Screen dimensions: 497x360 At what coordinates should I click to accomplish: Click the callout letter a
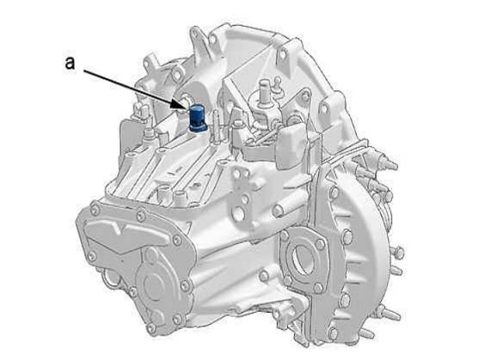(x=70, y=63)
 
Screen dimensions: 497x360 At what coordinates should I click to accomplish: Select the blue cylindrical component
(x=197, y=118)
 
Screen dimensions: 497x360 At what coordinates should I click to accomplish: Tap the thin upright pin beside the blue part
(x=217, y=126)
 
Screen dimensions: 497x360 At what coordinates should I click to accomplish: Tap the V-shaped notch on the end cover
(x=121, y=229)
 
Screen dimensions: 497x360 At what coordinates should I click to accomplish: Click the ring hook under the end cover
(x=111, y=279)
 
